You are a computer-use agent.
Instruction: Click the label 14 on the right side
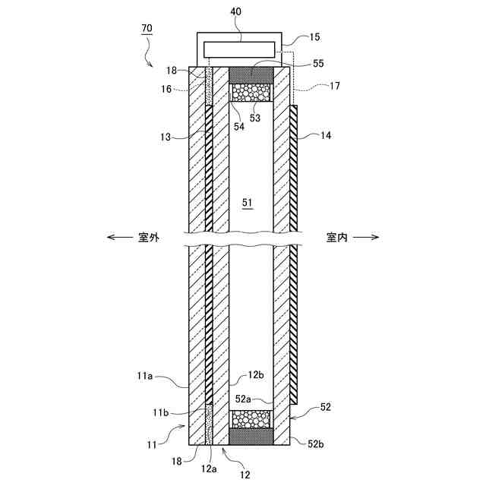tap(327, 137)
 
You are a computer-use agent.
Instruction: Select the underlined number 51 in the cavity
tap(247, 203)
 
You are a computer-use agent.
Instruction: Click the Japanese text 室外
tap(149, 237)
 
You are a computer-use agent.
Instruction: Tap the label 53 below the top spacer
tap(254, 117)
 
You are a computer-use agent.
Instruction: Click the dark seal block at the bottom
tap(251, 437)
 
